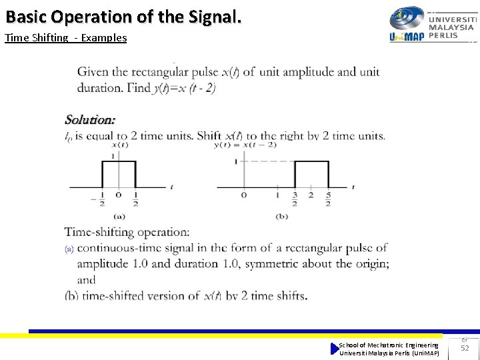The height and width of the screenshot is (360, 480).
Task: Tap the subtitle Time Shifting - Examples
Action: [65, 37]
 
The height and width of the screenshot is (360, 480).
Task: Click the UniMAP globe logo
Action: [407, 18]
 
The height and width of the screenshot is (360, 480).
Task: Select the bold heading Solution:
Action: [90, 120]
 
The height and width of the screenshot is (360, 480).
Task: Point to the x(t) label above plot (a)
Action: [120, 145]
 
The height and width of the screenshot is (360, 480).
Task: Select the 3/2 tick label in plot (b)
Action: [294, 199]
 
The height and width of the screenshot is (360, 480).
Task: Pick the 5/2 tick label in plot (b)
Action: [328, 199]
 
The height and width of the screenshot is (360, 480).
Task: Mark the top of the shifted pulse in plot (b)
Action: [311, 161]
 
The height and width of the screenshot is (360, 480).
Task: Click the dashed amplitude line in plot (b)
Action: [267, 161]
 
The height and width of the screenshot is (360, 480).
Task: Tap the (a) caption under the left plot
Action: [119, 216]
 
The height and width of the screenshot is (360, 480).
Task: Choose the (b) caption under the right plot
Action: [281, 216]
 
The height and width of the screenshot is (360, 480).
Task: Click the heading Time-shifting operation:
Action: [127, 232]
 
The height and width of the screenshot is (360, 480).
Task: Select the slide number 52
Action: [465, 348]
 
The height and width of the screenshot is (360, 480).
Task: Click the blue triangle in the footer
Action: [335, 349]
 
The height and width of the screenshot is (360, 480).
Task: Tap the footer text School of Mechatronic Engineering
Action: [389, 345]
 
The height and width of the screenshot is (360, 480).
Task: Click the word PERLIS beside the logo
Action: [443, 35]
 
